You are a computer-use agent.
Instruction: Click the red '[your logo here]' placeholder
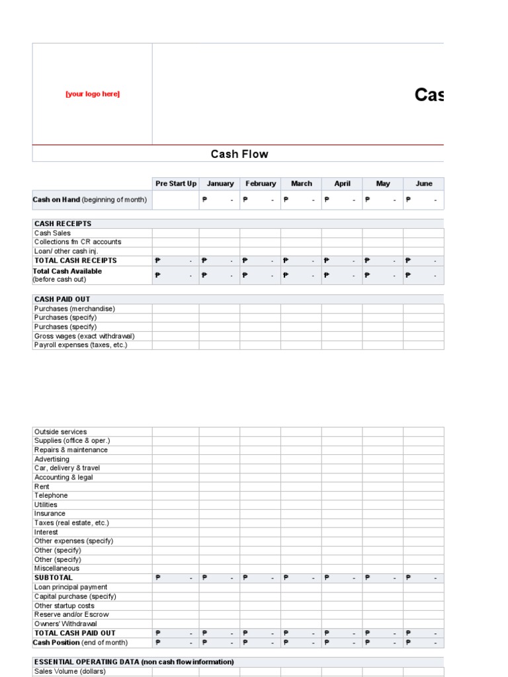coord(93,94)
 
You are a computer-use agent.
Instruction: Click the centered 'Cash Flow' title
coord(239,154)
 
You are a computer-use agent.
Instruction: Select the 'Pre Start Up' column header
coord(175,184)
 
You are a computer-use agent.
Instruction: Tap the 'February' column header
coord(261,184)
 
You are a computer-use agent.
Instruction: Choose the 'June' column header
coord(424,184)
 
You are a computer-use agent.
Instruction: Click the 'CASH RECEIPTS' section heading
coord(63,223)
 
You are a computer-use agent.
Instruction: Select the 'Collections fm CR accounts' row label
coord(77,242)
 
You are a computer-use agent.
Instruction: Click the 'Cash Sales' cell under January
coord(220,233)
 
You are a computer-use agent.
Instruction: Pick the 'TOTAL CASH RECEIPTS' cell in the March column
coord(301,260)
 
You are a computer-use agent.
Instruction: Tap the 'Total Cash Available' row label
coord(68,271)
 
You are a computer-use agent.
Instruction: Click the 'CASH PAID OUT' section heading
coord(62,299)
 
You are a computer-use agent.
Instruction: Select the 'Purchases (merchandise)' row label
coord(74,309)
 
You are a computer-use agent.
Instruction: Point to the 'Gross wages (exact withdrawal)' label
coord(84,336)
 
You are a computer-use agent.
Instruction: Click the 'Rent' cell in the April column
coord(342,487)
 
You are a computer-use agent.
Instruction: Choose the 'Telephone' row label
coord(51,495)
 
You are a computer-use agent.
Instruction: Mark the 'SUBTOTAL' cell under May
coord(383,578)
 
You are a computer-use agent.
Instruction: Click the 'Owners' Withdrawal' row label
coord(65,623)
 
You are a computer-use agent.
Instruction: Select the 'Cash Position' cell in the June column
coord(424,643)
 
